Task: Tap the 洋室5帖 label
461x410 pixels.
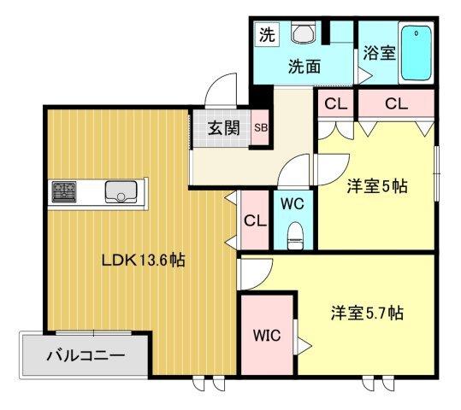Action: pos(376,185)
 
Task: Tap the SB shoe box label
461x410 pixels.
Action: pos(259,129)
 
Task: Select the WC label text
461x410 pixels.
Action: pos(293,204)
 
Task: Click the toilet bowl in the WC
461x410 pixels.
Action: pos(295,234)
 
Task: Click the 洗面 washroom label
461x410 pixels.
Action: pos(304,65)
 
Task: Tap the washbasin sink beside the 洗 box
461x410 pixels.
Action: pos(304,33)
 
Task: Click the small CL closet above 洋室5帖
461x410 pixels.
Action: pos(334,104)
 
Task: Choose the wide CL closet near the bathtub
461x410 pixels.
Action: pos(395,104)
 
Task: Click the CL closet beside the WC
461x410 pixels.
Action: pos(254,220)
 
